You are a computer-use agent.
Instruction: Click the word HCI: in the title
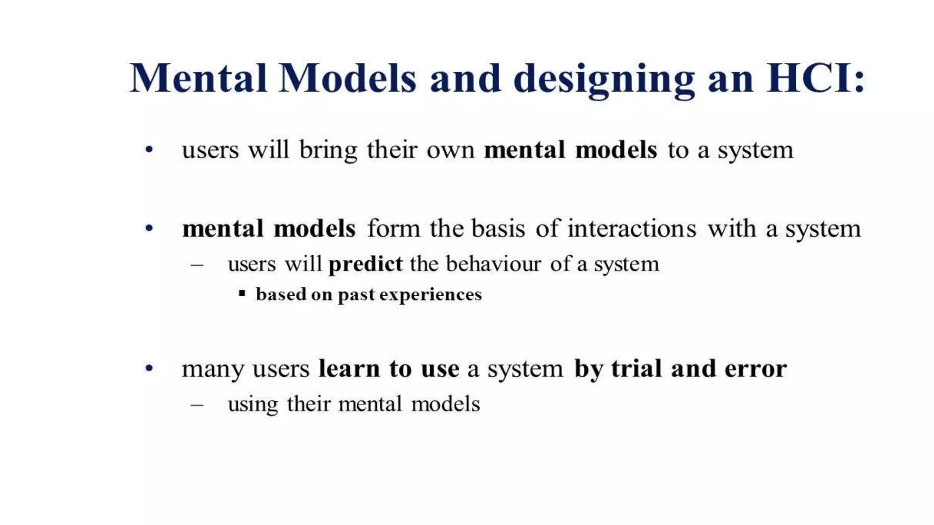pos(815,78)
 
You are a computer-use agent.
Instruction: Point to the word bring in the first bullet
pos(328,151)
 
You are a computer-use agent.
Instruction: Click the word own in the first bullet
pos(450,150)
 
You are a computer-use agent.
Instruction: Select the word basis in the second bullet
pos(498,228)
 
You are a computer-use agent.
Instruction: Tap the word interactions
pos(632,228)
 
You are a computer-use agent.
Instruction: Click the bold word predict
pos(365,264)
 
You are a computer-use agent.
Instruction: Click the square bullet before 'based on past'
pos(242,293)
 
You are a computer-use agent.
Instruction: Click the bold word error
pos(756,369)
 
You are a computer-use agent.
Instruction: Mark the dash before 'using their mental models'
pos(197,404)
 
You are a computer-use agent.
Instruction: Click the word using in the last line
pos(253,405)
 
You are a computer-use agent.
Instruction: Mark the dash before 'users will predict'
pos(197,264)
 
